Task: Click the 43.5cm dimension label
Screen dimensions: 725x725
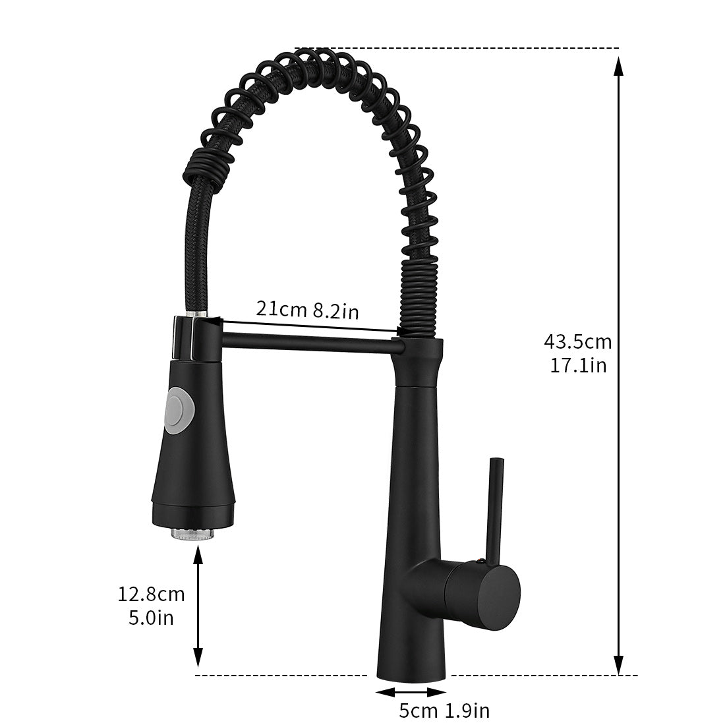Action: coord(577,342)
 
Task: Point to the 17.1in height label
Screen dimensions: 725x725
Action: coord(578,364)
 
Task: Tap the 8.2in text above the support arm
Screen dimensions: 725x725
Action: coord(335,310)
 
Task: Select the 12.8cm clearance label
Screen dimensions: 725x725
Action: coord(151,594)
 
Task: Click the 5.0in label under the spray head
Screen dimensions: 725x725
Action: coord(151,618)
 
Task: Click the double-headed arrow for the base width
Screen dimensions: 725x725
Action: coord(411,691)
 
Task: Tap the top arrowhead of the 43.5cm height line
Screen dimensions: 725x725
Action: coord(618,66)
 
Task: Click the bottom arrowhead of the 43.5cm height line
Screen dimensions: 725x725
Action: coord(618,666)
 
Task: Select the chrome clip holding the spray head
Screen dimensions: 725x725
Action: coord(191,336)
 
